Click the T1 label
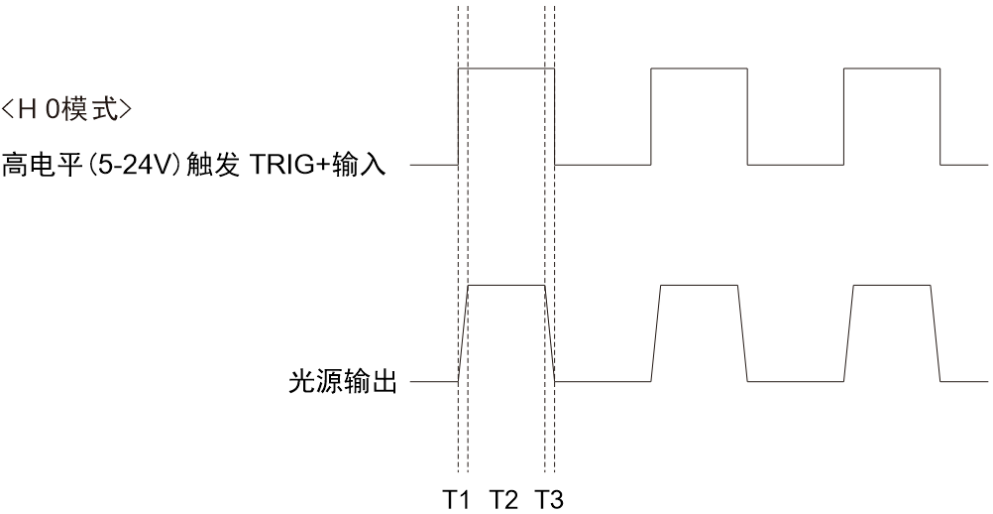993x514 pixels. pos(456,500)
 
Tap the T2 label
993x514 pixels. pos(503,500)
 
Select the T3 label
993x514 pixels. pos(549,500)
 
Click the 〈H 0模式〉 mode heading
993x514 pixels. pos(66,110)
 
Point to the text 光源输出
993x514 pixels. pos(343,382)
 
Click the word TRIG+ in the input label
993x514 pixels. pos(290,166)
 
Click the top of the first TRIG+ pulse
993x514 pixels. pos(506,67)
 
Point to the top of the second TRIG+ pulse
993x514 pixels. pos(699,67)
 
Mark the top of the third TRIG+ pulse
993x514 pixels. pos(892,67)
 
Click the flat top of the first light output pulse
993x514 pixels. pos(506,286)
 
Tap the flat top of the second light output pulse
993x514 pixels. pos(699,286)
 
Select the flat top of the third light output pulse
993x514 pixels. pos(892,286)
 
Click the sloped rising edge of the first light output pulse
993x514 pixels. pos(463,334)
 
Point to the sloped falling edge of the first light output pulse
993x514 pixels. pos(550,334)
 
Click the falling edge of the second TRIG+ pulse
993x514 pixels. pos(748,117)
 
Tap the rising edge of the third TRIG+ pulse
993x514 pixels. pos(843,117)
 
